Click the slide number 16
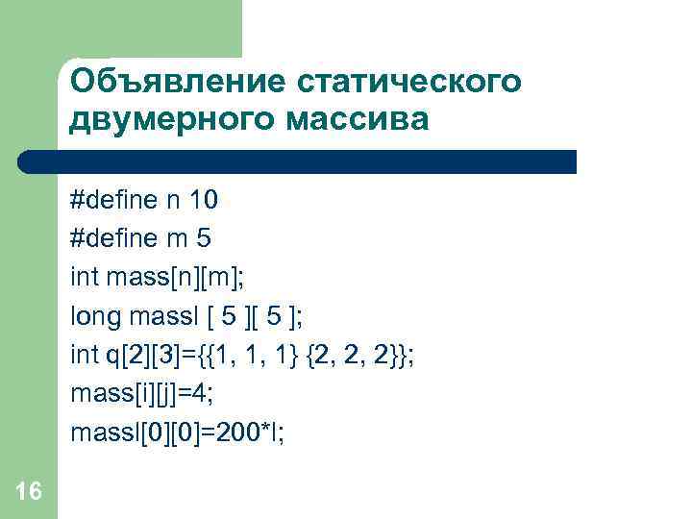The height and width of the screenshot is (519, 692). tap(29, 492)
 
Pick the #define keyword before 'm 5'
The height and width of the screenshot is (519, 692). tap(111, 239)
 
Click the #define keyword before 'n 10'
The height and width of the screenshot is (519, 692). tap(111, 200)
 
